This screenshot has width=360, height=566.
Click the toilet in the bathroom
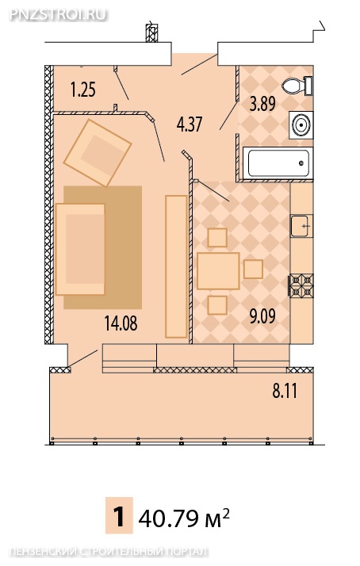click(x=297, y=86)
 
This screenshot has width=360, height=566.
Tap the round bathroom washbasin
click(x=301, y=125)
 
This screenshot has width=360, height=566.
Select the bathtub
click(x=278, y=163)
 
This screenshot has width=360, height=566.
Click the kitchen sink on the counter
click(x=301, y=226)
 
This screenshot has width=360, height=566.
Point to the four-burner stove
click(x=301, y=285)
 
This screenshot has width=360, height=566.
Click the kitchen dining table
click(x=218, y=271)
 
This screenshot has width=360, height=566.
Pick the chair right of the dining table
click(x=253, y=270)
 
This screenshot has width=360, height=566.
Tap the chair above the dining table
click(x=217, y=238)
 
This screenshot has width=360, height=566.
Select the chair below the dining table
click(x=217, y=305)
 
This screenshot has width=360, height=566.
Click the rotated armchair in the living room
click(x=97, y=153)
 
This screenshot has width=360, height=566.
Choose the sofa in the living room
click(x=80, y=249)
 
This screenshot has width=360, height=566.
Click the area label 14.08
click(x=121, y=323)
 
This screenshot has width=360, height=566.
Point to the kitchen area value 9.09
click(x=262, y=316)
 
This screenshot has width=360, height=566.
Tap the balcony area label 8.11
click(x=285, y=391)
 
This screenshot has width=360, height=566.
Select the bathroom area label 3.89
click(x=262, y=104)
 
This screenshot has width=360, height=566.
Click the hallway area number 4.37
click(x=190, y=124)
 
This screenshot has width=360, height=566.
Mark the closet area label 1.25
click(x=83, y=90)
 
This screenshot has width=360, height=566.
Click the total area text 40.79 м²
click(x=184, y=518)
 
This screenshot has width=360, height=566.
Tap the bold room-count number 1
click(x=119, y=517)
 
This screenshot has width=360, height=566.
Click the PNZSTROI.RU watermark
click(x=58, y=14)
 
